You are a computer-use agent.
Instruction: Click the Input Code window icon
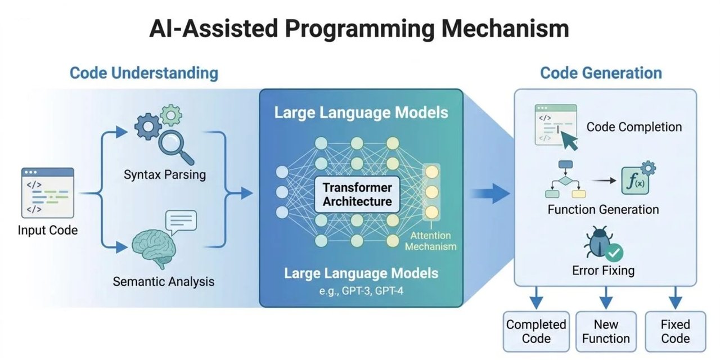coord(48,192)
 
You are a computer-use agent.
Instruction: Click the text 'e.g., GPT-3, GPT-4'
coord(361,291)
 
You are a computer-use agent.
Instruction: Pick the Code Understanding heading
coord(143,73)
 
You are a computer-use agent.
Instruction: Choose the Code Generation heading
coord(601,73)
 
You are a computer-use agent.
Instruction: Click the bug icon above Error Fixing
coord(598,243)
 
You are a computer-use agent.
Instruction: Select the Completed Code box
coord(536,331)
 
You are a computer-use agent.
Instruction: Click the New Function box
coord(606,331)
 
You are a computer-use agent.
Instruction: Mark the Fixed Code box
coord(675,331)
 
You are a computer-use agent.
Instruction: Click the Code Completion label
coord(634,127)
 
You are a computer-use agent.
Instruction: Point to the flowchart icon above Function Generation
coord(565,180)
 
